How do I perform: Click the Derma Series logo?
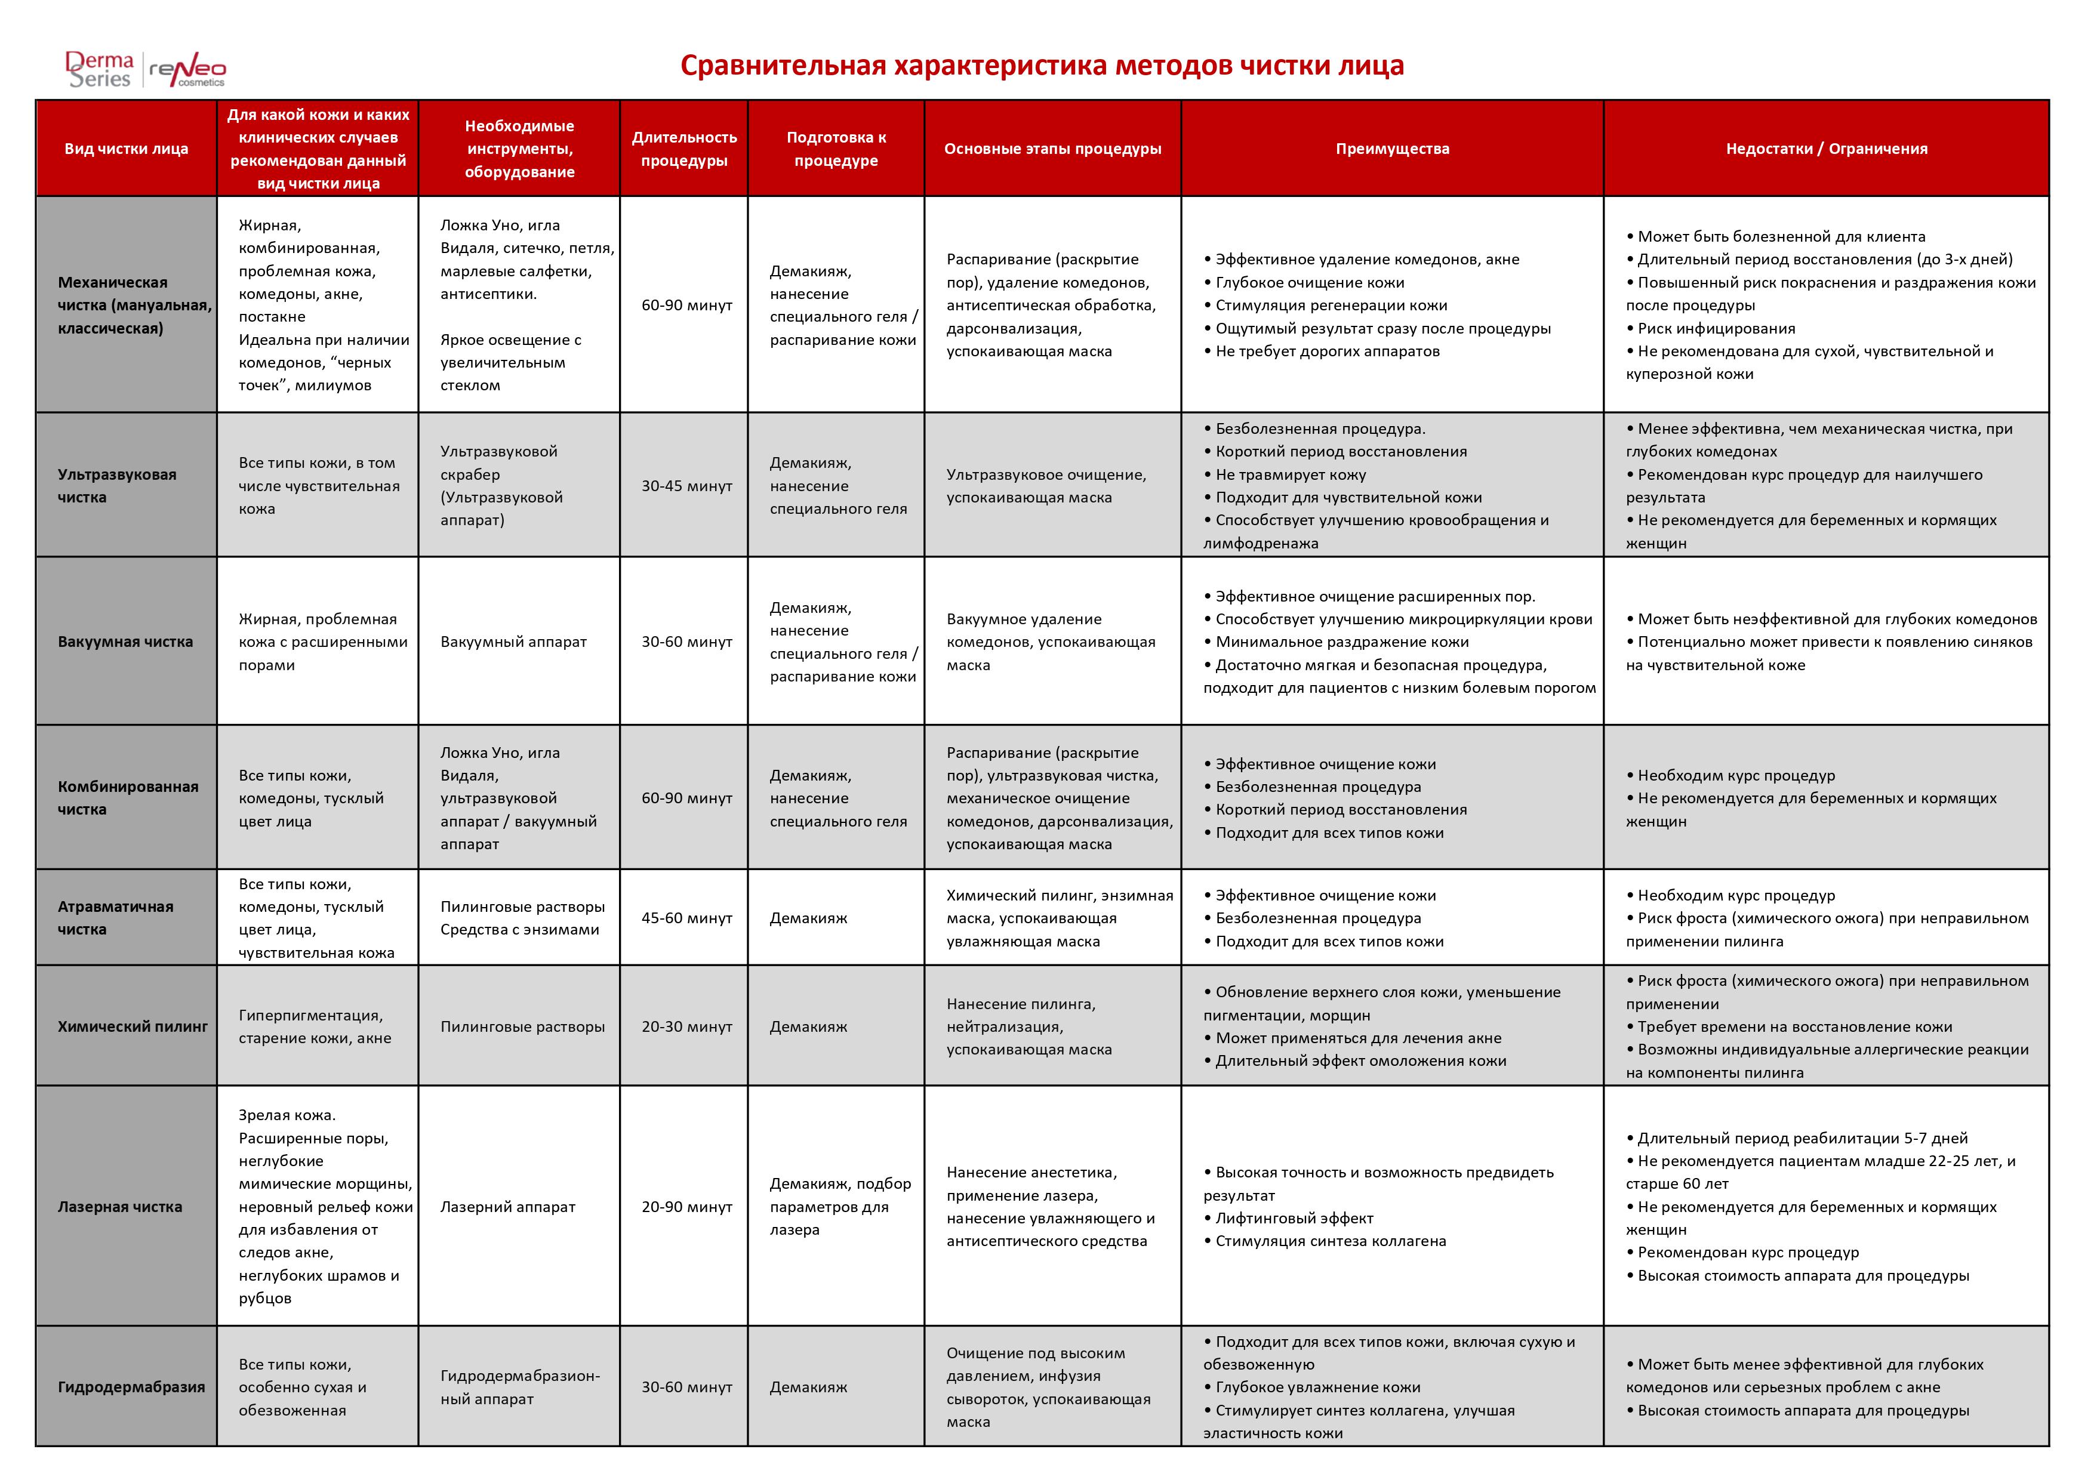[100, 69]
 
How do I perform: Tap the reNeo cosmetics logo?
[188, 71]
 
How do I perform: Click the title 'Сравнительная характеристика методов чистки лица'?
[1042, 66]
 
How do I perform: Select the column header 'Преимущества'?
[1392, 149]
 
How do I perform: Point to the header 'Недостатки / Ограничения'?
[1826, 149]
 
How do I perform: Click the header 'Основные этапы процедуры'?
[1052, 149]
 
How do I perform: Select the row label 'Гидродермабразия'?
[131, 1387]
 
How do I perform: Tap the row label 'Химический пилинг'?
[133, 1027]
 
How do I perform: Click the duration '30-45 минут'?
[686, 486]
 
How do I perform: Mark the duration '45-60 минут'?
[686, 918]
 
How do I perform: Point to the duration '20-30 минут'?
[686, 1027]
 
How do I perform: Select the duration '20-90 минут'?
[686, 1207]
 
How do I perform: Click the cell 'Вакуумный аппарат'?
[513, 642]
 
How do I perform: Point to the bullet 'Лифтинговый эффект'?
[1294, 1218]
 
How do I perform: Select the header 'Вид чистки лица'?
[126, 149]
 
